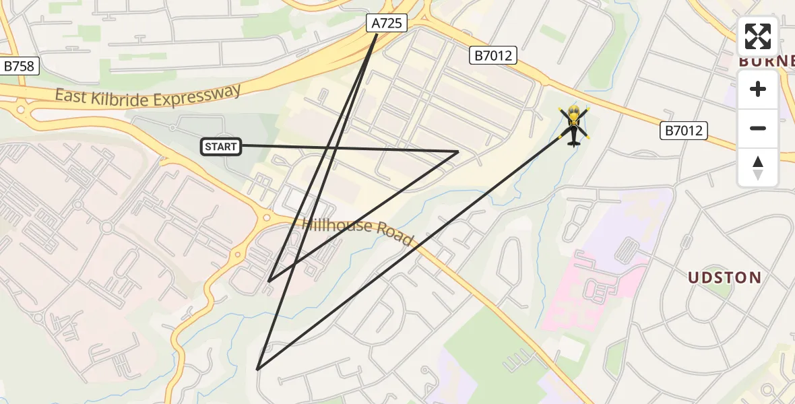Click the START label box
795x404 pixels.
221,146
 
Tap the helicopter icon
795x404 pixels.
573,125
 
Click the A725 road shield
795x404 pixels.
387,24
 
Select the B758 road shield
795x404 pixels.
20,66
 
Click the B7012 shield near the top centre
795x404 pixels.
493,56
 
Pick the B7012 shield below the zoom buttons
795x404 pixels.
683,130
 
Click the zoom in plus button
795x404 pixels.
758,89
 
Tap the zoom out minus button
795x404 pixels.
758,128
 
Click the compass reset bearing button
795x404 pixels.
758,168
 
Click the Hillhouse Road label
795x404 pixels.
358,231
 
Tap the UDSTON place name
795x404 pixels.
724,277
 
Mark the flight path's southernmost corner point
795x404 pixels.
257,369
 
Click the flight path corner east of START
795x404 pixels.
458,151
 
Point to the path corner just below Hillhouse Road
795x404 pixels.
269,281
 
